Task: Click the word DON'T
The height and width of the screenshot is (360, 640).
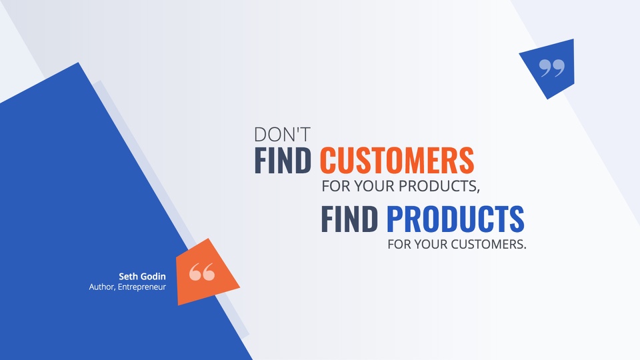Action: point(282,134)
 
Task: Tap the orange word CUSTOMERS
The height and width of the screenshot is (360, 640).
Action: point(397,160)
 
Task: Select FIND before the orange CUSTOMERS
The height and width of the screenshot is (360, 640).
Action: point(283,160)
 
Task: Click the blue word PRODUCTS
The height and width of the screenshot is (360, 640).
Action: point(455,219)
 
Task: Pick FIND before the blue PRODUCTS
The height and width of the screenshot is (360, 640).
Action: point(349,219)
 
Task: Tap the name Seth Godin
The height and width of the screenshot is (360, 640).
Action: point(142,276)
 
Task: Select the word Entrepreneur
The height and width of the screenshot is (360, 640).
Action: point(141,287)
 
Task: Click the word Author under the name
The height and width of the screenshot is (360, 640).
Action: point(102,287)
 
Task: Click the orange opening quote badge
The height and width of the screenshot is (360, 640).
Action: point(206,272)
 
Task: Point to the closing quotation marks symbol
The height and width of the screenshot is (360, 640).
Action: point(552,68)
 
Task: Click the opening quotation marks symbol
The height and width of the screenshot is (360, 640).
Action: point(201,272)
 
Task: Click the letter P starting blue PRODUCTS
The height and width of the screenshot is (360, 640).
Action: point(395,219)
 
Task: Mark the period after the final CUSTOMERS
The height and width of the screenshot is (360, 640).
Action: point(525,248)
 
